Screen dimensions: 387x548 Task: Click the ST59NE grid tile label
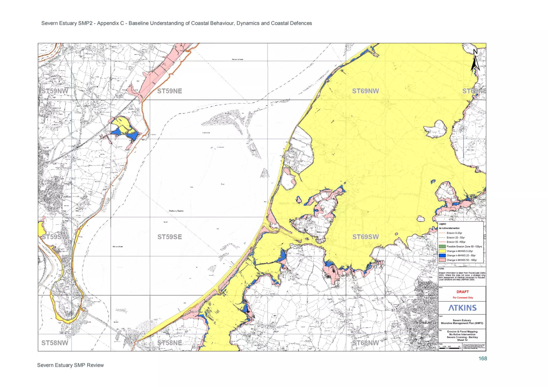tap(169, 91)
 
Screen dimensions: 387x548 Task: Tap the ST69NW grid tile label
tap(365, 91)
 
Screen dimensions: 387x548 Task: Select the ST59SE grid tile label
tap(169, 237)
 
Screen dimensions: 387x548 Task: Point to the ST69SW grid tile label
tap(365, 237)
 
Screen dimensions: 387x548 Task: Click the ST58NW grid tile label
tap(55, 343)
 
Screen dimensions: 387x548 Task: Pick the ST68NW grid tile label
tap(365, 343)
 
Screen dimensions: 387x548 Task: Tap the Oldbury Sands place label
tap(176, 211)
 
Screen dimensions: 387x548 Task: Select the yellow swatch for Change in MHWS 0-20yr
tap(442, 251)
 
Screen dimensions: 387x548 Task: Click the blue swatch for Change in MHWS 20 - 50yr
tap(442, 256)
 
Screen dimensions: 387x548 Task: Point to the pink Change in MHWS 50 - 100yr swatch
tap(442, 260)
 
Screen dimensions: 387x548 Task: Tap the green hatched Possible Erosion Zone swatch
tap(442, 246)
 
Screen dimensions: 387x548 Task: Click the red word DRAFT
tap(462, 292)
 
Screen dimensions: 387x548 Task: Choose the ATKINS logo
tap(462, 308)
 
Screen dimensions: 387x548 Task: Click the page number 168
tap(482, 359)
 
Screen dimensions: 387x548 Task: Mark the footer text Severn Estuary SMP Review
tap(70, 365)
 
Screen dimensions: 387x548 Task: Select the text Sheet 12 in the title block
tap(462, 340)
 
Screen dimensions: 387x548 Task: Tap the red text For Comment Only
tap(463, 298)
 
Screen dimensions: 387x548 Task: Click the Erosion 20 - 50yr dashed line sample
tap(442, 237)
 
